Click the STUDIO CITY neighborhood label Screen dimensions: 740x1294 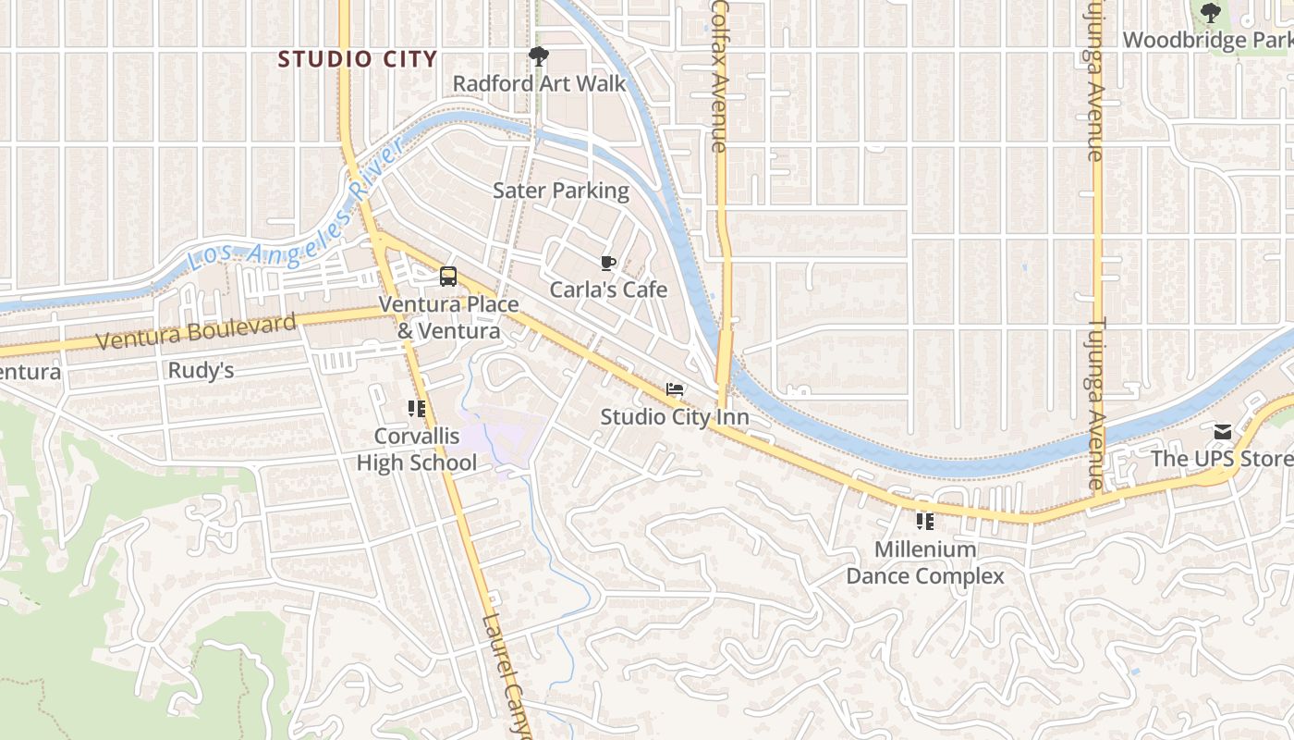coord(358,59)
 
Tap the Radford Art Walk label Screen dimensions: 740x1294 coord(539,83)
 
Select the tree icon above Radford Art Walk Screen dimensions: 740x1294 coord(538,56)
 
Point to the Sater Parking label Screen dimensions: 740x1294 coord(560,191)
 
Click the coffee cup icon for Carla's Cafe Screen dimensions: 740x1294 coord(607,264)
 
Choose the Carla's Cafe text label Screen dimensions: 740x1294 coord(608,290)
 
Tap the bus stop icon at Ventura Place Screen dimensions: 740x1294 coord(448,276)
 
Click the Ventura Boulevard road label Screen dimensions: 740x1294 coord(197,331)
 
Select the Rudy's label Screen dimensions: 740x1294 coord(201,371)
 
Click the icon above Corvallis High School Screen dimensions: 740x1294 coord(417,408)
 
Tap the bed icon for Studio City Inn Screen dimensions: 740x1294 coord(675,390)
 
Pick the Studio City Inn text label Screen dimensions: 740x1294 coord(675,417)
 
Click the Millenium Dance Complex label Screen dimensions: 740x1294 coord(925,562)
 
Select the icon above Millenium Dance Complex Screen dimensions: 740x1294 coord(925,522)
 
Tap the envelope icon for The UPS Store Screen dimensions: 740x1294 coord(1223,432)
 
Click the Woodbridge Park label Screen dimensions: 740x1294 coord(1207,41)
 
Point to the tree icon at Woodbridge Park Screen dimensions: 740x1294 coord(1210,13)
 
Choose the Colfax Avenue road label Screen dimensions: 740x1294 coord(719,76)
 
